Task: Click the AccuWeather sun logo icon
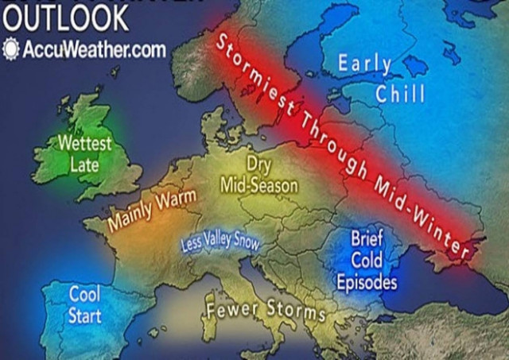point(12,49)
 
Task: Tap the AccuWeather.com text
point(94,49)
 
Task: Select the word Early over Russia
point(364,64)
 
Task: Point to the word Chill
point(402,95)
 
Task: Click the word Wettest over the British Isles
point(85,145)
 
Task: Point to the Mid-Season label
point(258,186)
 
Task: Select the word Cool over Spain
point(84,294)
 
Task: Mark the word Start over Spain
point(84,315)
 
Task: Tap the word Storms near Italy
point(296,312)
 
